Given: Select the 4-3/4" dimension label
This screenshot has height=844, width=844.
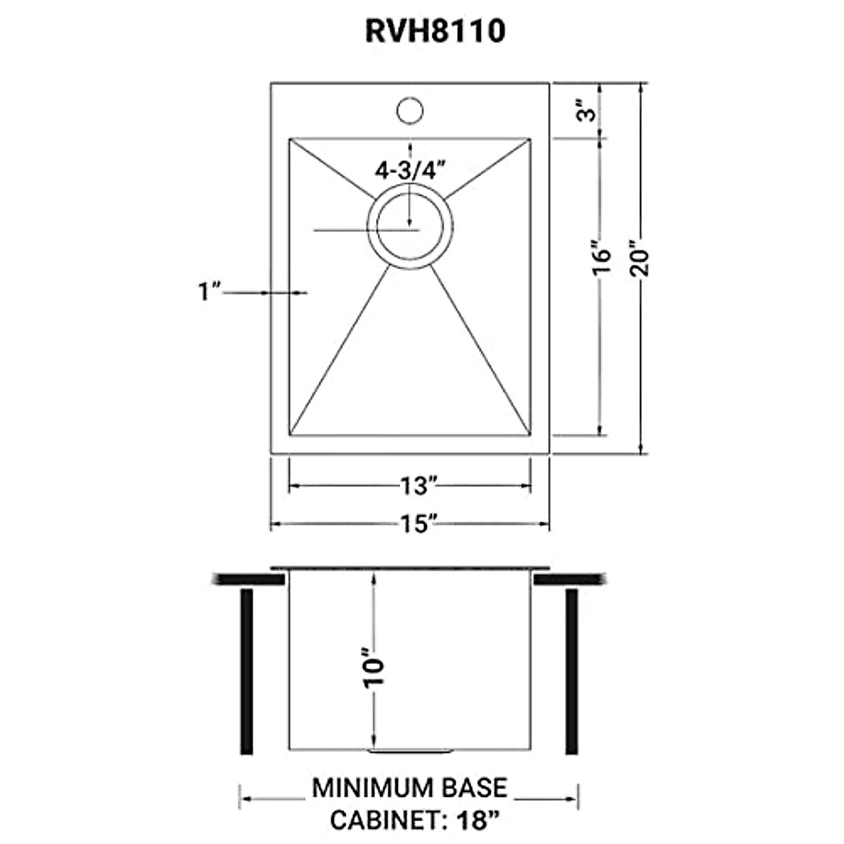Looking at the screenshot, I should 412,170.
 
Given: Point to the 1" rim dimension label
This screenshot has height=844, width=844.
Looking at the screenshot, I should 210,291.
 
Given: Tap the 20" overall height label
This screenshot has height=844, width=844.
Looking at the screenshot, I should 642,260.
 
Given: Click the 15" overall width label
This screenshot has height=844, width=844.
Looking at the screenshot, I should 416,524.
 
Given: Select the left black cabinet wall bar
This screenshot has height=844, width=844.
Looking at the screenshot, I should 246,671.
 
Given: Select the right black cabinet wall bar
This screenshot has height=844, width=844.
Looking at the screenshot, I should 572,671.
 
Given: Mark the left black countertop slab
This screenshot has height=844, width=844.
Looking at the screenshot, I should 247,579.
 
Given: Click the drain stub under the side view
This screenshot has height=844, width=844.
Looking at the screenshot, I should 409,752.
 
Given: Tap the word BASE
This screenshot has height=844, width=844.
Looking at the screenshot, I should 475,788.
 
